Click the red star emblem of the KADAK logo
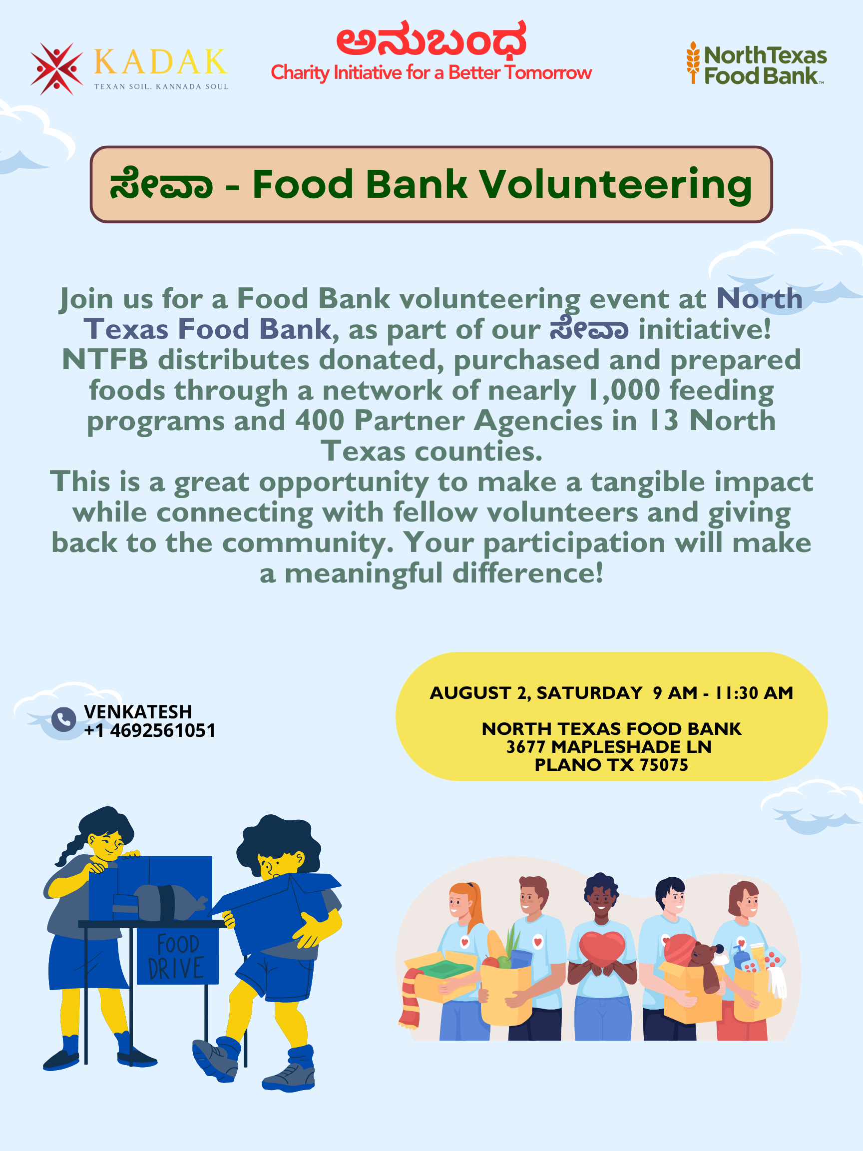(x=56, y=68)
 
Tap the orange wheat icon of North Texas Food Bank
(x=693, y=62)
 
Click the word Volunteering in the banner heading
(x=615, y=185)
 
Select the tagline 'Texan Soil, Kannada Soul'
(x=161, y=86)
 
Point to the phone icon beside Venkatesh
(x=63, y=720)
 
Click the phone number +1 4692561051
(x=150, y=730)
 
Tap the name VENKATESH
(x=138, y=711)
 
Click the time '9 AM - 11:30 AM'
(x=723, y=693)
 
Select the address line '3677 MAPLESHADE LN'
(x=609, y=747)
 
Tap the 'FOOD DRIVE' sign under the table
(x=178, y=956)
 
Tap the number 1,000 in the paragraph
(x=623, y=390)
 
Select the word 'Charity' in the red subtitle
(x=300, y=73)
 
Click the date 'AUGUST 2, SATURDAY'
(x=536, y=693)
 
